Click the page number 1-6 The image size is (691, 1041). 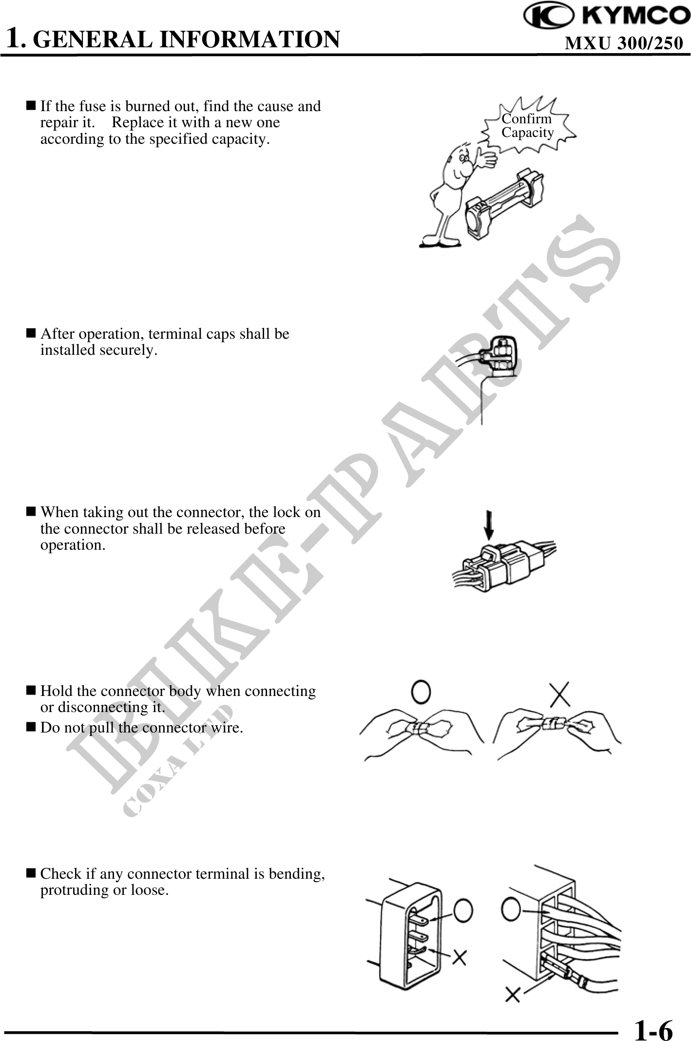coord(653,1027)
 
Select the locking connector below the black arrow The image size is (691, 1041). coord(504,565)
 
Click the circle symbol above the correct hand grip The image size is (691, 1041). coord(422,691)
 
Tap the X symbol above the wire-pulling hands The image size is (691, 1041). coord(560,693)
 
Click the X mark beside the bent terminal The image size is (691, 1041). coord(459,957)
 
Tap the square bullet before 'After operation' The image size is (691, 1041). coord(31,334)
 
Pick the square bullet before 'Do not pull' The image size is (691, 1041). coord(31,728)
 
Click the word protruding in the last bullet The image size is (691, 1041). coord(78,890)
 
